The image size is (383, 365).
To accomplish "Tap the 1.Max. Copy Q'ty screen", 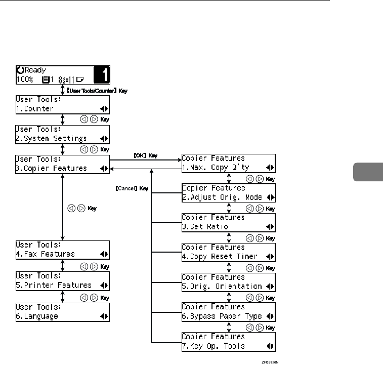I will (x=228, y=163).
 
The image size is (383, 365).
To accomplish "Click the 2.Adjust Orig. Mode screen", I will (x=228, y=192).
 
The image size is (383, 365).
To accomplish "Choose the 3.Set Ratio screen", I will (x=228, y=222).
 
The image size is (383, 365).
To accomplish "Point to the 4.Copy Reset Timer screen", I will (x=228, y=252).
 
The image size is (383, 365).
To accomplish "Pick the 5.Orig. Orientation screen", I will (x=228, y=281).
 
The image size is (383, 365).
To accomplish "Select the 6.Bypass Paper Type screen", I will (x=228, y=311).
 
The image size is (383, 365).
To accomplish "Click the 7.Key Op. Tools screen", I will (x=228, y=341).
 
